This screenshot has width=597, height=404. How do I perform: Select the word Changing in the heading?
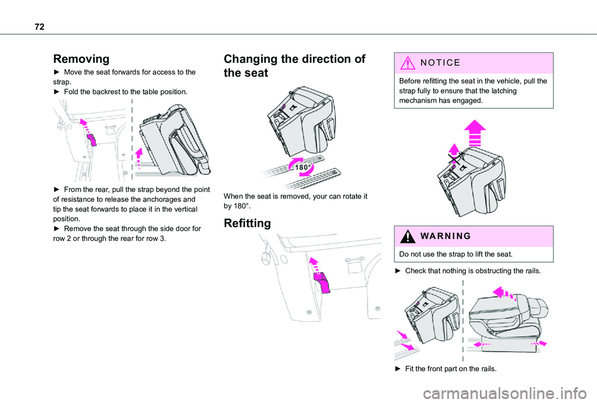[252, 59]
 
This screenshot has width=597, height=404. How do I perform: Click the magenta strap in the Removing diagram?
[91, 139]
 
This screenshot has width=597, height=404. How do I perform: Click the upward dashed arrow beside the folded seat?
[140, 158]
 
